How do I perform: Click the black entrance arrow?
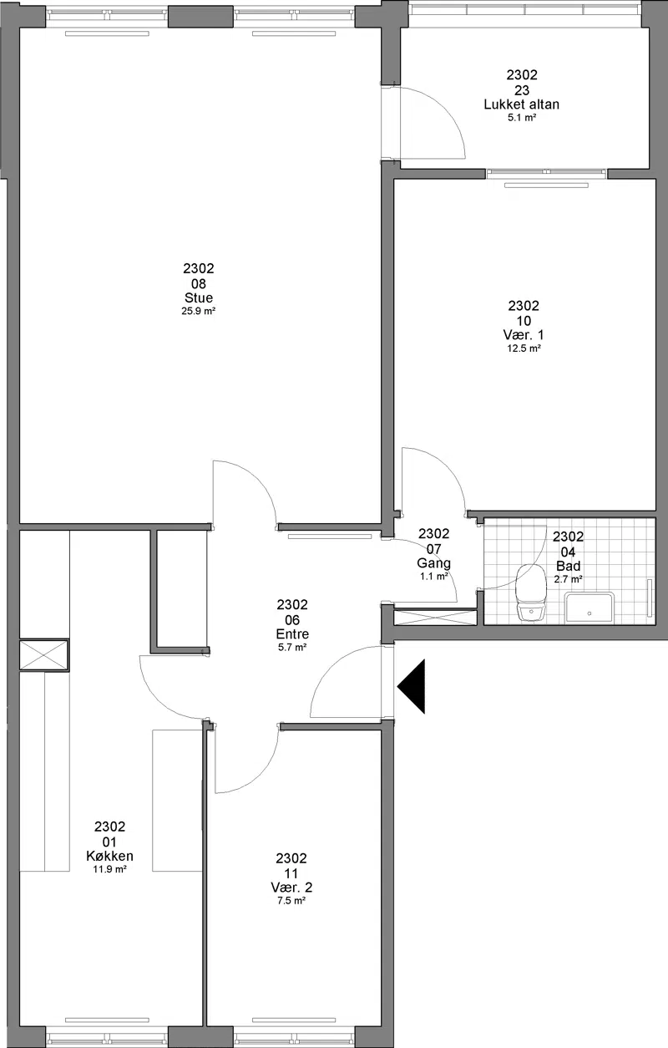413,686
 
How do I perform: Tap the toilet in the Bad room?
531,593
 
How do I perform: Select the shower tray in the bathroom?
590,608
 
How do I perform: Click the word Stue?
199,298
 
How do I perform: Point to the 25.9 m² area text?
199,311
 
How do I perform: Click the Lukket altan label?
522,104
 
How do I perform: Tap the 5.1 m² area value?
522,118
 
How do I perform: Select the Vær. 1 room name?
524,335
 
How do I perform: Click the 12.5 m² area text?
524,348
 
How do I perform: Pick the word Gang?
434,563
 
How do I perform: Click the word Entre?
292,634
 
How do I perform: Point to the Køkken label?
110,856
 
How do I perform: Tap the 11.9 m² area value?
110,869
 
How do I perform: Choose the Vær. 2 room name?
291,888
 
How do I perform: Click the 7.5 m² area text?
291,901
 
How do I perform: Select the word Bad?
569,566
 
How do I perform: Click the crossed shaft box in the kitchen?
44,655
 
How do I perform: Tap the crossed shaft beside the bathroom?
435,617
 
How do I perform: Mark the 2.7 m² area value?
569,579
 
